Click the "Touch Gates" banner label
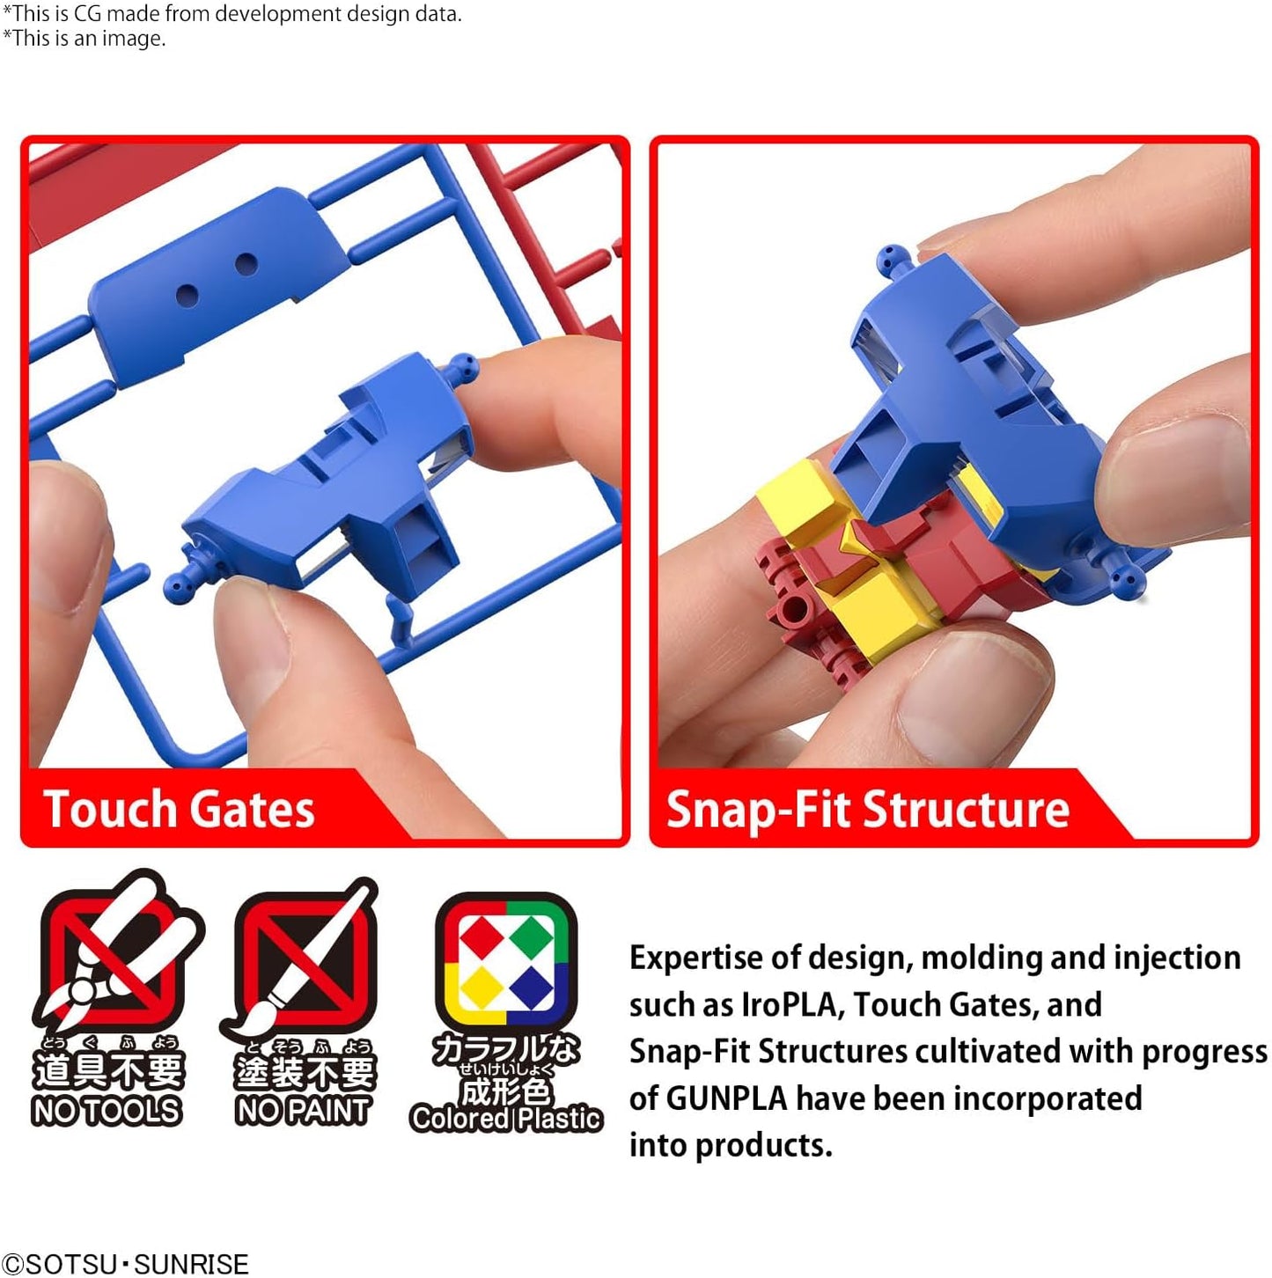coord(179,809)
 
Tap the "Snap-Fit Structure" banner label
coord(867,810)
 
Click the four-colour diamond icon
coord(506,963)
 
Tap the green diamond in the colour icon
coord(532,938)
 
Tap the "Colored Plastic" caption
coord(505,1119)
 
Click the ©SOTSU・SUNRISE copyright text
coord(125,1263)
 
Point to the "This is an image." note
coord(85,39)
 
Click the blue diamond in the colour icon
coord(532,988)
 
